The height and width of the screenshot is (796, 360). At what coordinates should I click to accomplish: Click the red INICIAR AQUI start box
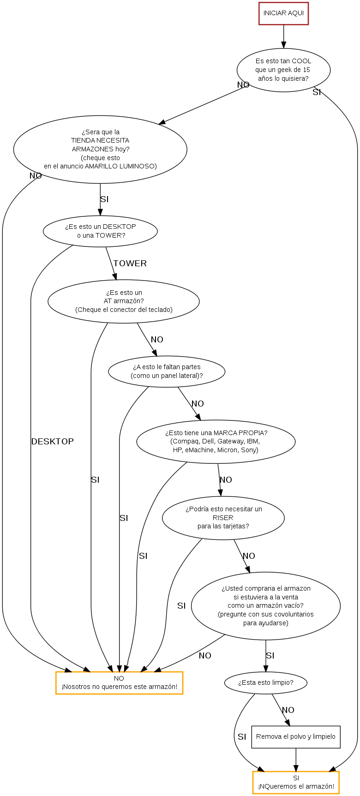coord(283,13)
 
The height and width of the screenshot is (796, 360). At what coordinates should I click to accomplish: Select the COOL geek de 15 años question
coord(283,70)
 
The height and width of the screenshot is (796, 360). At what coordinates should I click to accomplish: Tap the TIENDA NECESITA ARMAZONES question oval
coord(100,149)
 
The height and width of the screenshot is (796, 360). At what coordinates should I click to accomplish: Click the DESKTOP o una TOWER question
coord(100,231)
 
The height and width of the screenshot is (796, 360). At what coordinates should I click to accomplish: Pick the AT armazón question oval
coord(124,301)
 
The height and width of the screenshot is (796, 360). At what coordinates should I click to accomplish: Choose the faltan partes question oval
coord(167,371)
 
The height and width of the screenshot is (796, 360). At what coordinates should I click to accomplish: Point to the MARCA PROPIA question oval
coord(216,441)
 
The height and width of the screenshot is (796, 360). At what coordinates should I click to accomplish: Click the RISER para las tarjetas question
coord(223,517)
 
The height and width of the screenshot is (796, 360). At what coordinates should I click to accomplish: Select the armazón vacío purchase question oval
coord(265,605)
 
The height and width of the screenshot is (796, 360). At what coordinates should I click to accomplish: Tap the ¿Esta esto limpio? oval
coord(265,682)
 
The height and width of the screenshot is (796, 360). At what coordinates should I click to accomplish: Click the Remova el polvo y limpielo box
coord(295,736)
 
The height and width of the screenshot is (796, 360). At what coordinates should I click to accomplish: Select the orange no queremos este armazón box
coord(119,682)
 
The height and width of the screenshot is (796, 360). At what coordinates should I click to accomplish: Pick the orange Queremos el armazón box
coord(296,783)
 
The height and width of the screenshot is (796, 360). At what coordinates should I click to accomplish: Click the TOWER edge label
coord(130,263)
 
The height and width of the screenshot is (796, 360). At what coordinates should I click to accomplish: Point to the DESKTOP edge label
coord(52,442)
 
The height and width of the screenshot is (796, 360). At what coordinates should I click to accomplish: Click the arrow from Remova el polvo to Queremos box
coord(296,760)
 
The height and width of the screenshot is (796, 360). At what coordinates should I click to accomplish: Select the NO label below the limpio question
coord(288,710)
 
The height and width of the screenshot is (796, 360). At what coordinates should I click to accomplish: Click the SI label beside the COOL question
coord(317,92)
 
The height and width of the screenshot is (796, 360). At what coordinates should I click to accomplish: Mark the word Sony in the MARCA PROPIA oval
coord(249,450)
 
